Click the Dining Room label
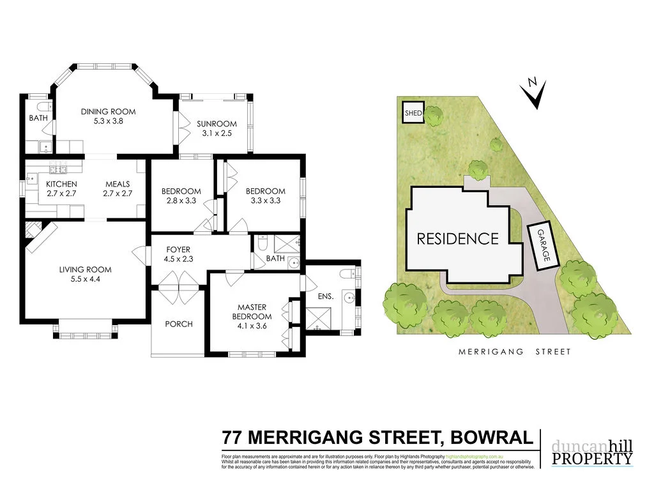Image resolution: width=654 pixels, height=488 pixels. tap(108, 112)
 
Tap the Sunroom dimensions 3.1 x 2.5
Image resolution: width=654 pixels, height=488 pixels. tap(216, 133)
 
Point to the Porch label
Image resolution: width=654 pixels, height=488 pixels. tap(179, 324)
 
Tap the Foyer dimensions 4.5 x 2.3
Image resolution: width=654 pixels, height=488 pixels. tap(178, 259)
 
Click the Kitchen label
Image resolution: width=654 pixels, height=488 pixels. tap(61, 185)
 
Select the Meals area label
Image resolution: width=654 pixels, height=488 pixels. tap(117, 185)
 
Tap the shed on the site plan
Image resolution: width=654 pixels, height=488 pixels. tap(412, 114)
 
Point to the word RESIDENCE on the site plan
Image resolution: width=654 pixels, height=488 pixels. tap(457, 239)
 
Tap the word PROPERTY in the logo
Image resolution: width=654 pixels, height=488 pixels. tap(592, 459)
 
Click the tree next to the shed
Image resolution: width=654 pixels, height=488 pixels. tap(434, 116)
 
